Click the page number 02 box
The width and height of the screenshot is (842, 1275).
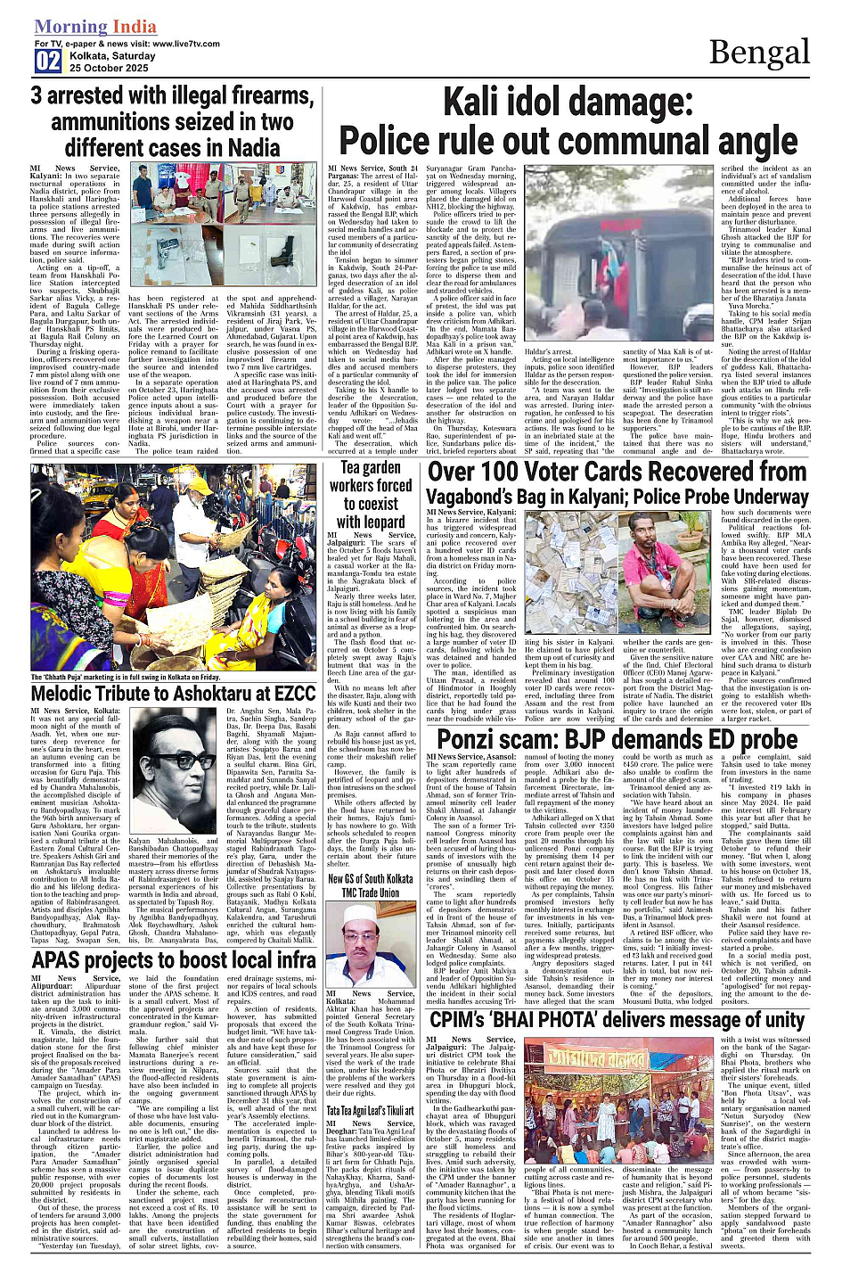pyautogui.click(x=48, y=61)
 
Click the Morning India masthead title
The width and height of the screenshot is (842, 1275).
pyautogui.click(x=95, y=28)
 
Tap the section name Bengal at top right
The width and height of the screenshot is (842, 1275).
pyautogui.click(x=760, y=53)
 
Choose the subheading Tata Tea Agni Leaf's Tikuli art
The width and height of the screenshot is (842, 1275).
pyautogui.click(x=370, y=1111)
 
